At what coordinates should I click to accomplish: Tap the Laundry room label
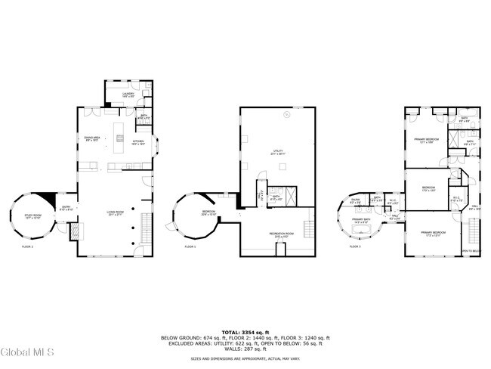pos(128,95)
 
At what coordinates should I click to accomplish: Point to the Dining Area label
pos(93,139)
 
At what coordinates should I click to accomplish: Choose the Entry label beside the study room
pos(66,208)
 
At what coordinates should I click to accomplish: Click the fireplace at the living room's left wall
pos(75,232)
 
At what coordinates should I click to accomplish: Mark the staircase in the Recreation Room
pos(308,227)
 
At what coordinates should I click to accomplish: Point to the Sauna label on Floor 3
pos(357,202)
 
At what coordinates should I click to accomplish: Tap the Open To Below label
pos(471,250)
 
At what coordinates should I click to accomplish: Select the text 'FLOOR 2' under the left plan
pos(28,247)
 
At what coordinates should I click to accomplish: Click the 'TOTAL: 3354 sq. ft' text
pos(245,332)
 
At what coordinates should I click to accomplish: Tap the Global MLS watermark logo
pos(24,352)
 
